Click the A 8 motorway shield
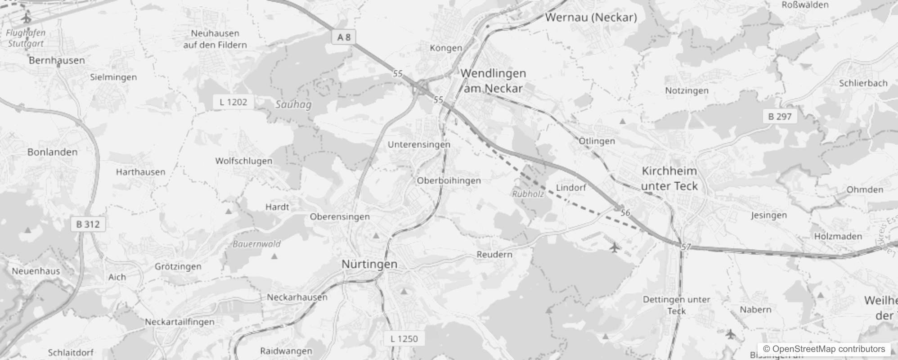344,37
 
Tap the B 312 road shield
88,224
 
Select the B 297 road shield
780,117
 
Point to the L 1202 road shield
233,102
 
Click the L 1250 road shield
404,339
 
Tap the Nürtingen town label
369,264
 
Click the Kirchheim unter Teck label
669,179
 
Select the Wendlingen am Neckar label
493,81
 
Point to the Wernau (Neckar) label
591,18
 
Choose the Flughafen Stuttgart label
26,38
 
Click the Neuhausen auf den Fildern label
215,39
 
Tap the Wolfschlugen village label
244,161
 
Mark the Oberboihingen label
449,181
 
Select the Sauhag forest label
293,105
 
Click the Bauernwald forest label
257,244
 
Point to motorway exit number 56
625,213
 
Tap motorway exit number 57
686,247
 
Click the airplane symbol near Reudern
614,247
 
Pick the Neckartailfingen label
180,322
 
